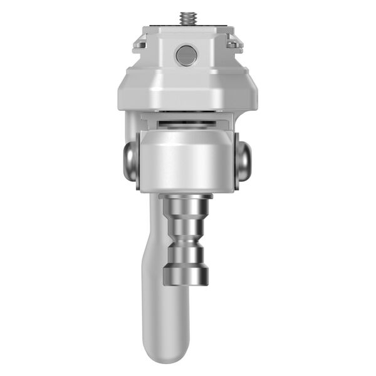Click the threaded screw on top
point(186,17)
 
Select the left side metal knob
point(130,162)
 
